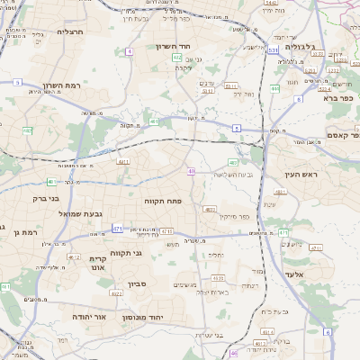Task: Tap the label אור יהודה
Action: [x=87, y=317]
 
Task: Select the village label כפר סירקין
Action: [x=247, y=216]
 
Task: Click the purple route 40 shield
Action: [x=192, y=170]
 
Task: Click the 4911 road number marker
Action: [x=123, y=162]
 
